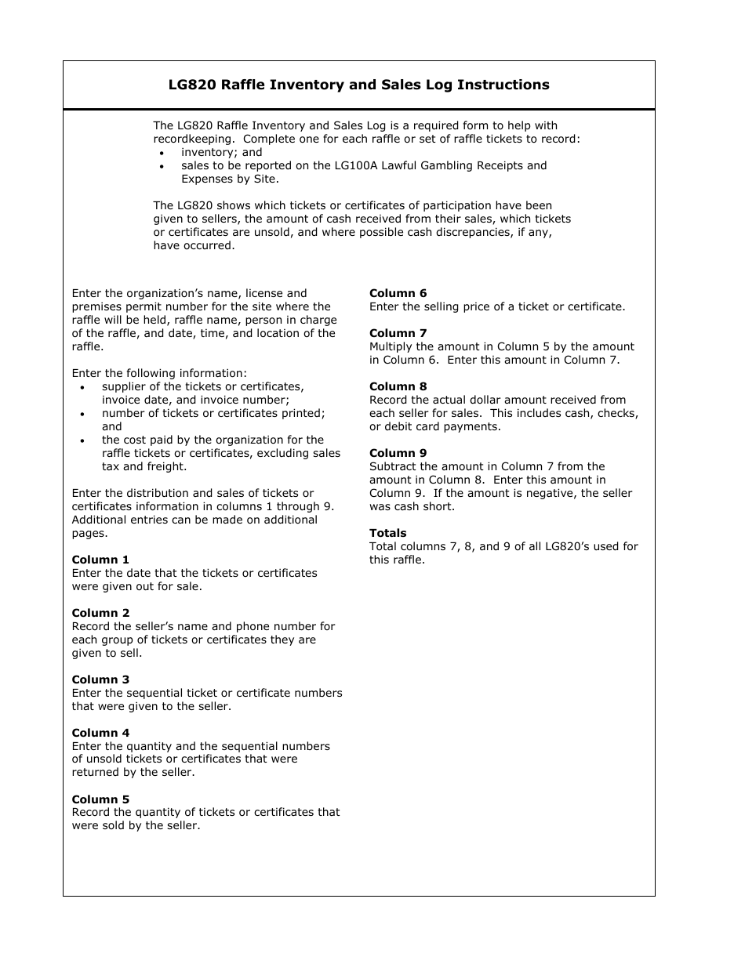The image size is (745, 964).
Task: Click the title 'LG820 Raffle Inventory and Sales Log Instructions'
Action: (358, 85)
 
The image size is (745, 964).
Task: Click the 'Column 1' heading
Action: (100, 560)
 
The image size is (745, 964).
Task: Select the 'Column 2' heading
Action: (100, 613)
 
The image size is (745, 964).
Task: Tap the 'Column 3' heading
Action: (100, 680)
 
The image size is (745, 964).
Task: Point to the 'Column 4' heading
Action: (100, 734)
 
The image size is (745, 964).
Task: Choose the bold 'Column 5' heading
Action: (100, 799)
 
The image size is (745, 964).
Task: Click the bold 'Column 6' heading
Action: (398, 293)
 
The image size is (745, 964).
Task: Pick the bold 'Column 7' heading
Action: (398, 333)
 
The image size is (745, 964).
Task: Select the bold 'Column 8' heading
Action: (398, 386)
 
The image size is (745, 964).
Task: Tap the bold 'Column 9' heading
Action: (398, 453)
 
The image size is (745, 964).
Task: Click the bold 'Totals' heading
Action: (387, 533)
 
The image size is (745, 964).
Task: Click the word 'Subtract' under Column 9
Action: (394, 466)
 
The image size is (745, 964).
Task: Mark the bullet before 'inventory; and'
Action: (162, 154)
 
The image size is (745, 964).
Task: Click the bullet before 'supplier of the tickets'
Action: (83, 387)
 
